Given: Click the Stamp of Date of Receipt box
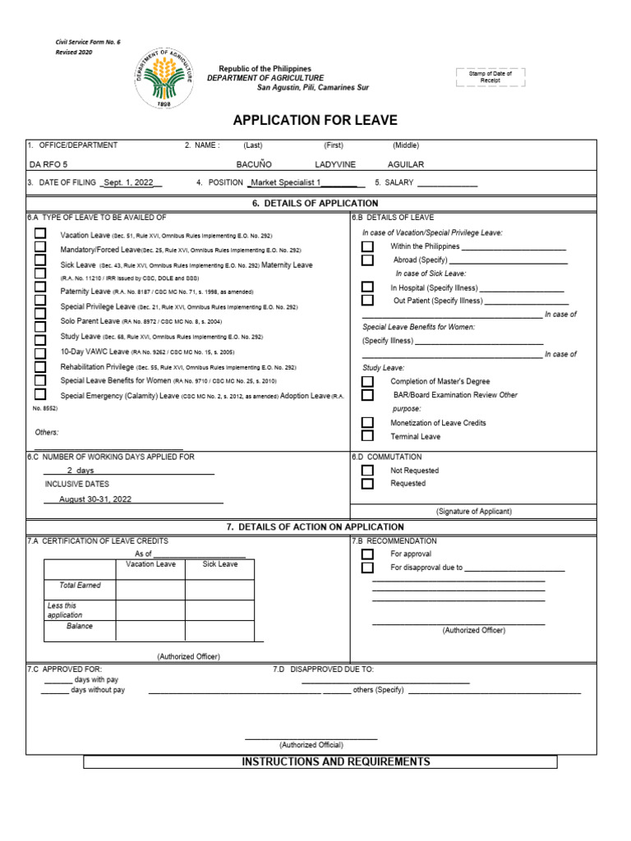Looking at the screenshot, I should point(490,76).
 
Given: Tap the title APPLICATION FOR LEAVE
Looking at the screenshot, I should point(315,121).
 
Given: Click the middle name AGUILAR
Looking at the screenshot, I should point(406,164).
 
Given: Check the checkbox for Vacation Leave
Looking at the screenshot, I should point(40,234).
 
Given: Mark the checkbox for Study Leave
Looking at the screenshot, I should point(40,336).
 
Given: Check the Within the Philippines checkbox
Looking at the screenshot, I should point(367,246).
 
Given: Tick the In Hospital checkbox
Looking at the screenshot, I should point(367,287).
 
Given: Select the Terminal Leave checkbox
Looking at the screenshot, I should point(367,436).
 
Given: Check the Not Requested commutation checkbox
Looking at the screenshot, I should point(367,471).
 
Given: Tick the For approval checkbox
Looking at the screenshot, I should point(367,554).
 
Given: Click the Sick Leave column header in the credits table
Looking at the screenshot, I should point(220,564).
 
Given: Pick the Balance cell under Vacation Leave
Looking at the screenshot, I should point(150,630).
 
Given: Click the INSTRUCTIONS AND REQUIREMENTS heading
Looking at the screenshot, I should point(336,762).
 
